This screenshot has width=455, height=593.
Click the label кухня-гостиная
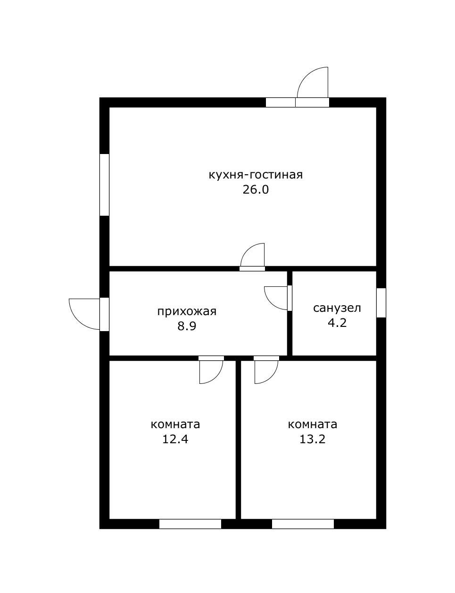[x=256, y=175]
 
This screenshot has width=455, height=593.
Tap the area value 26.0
[x=256, y=190]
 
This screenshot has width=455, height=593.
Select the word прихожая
[x=187, y=311]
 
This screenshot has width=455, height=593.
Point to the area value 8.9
[x=187, y=326]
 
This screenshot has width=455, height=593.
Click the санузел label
[x=337, y=308]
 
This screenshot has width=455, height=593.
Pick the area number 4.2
[x=337, y=323]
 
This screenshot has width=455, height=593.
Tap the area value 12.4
[x=175, y=439]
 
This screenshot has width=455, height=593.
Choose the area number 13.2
[x=313, y=439]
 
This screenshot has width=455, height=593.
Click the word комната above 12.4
[x=175, y=425]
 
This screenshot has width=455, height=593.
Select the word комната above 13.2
[x=313, y=425]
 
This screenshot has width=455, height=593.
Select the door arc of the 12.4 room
[x=216, y=377]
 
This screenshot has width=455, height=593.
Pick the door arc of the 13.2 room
[x=272, y=377]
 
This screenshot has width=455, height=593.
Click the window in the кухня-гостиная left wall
[x=104, y=185]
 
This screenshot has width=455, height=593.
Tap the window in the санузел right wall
[x=381, y=303]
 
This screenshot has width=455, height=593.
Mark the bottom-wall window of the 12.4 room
[x=190, y=524]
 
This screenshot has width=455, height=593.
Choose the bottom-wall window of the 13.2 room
[x=303, y=524]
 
